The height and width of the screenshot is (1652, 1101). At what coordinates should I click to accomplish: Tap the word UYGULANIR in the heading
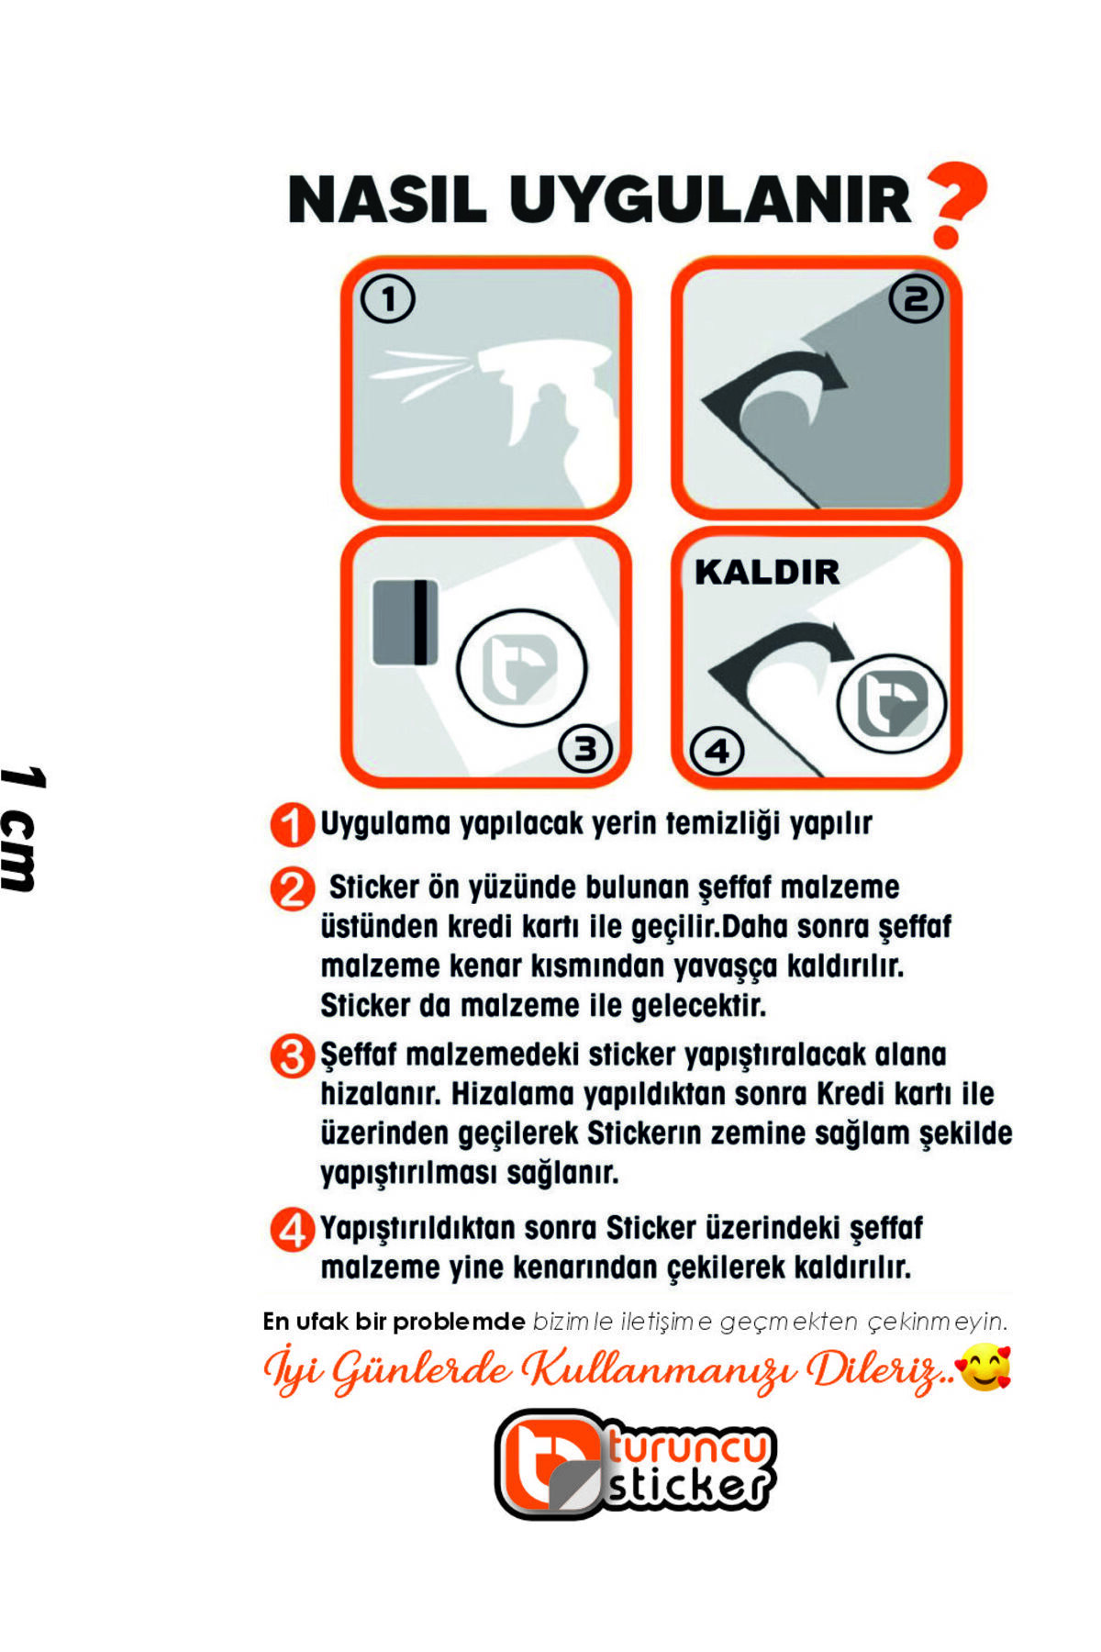click(x=710, y=199)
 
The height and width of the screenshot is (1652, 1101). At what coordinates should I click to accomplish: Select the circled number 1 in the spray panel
click(x=388, y=299)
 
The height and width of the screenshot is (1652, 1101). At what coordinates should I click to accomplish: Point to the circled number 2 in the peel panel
click(x=917, y=299)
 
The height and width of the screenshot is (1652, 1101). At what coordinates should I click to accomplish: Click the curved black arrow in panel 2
click(x=775, y=390)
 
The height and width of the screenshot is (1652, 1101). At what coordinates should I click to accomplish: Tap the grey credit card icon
click(x=405, y=622)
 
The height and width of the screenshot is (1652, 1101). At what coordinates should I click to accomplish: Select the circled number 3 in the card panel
click(x=585, y=750)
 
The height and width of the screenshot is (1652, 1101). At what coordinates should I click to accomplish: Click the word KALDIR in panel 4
click(x=767, y=572)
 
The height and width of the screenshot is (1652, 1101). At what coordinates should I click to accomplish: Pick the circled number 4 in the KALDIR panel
click(x=717, y=752)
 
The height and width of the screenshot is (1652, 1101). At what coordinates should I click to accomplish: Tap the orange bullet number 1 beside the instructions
click(x=292, y=825)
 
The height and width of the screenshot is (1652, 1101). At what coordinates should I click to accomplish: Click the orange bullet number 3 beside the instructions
click(x=292, y=1056)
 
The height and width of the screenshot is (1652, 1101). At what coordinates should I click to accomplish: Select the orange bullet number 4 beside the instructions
click(x=292, y=1230)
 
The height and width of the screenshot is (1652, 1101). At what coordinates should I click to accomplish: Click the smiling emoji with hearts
click(x=984, y=1367)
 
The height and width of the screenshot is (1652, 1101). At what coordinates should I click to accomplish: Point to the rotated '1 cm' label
click(x=22, y=828)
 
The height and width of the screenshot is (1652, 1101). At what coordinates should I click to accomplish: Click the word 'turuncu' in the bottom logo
click(x=690, y=1447)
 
